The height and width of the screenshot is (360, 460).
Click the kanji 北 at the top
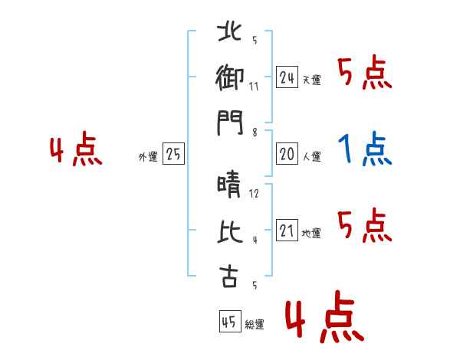point(230,31)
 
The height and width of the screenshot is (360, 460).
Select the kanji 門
point(230,123)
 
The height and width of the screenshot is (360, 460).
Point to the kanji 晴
point(229,185)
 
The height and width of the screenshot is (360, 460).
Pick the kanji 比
point(230,231)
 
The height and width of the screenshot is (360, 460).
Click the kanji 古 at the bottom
point(229,277)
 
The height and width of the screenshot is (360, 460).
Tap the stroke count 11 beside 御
point(254,87)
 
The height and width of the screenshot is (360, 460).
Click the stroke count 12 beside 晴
point(254,193)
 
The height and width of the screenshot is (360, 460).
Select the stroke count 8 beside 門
point(255,133)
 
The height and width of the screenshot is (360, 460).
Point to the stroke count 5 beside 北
point(255,40)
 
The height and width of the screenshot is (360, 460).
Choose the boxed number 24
point(287,77)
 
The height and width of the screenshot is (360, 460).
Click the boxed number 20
point(287,154)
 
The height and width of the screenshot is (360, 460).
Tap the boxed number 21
point(287,231)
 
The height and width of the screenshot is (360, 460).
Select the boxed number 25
point(173,154)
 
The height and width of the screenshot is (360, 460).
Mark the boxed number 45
point(230,321)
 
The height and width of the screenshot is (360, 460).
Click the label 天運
point(312,80)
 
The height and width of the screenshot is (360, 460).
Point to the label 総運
point(255,325)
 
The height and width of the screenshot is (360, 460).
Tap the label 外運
point(148,156)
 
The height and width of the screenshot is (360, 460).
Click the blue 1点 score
point(365,149)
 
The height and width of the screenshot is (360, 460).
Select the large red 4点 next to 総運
point(324,316)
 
